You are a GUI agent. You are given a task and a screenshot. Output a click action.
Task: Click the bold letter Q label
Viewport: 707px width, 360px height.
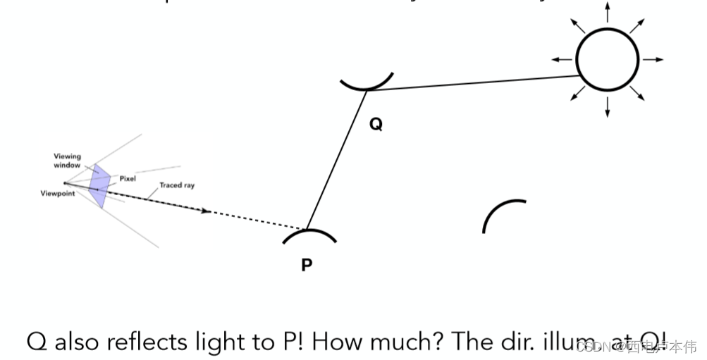376,125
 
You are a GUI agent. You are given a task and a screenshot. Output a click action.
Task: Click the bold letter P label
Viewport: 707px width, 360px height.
307,265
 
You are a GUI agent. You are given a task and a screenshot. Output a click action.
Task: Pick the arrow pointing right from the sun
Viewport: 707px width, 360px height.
653,60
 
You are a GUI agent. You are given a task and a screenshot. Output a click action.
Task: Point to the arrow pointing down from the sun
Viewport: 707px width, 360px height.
608,107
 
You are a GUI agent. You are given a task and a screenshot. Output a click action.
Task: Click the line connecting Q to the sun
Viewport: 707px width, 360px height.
472,83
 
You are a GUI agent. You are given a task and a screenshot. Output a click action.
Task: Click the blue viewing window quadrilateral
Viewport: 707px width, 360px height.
100,186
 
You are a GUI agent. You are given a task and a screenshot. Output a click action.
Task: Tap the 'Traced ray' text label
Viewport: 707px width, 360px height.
177,185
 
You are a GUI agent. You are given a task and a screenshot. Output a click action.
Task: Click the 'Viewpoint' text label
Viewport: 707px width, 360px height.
57,193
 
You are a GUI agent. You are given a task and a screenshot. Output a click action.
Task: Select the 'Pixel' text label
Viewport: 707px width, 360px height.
128,179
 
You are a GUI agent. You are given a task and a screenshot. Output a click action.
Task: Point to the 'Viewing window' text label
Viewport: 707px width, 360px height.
68,161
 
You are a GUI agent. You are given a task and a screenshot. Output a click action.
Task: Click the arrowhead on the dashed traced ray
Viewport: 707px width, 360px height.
206,210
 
